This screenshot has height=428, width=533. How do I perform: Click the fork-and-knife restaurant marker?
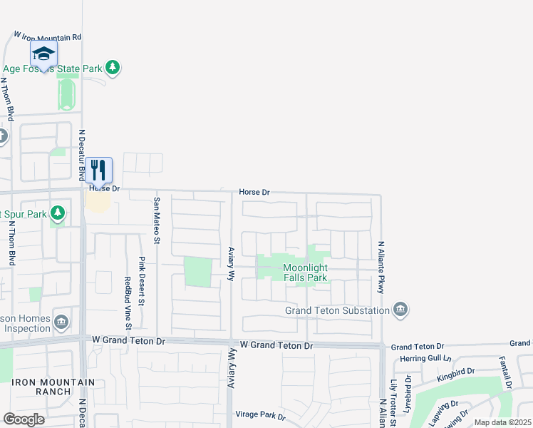[x=99, y=170]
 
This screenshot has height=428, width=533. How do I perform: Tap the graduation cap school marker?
[x=43, y=53]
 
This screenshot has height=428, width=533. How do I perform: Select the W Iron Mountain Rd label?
[x=48, y=36]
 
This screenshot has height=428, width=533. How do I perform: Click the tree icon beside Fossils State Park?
[x=112, y=68]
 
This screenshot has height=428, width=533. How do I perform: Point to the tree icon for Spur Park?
[x=58, y=213]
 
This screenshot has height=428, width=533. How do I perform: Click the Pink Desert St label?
[x=141, y=280]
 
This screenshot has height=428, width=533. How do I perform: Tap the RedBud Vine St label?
[x=128, y=303]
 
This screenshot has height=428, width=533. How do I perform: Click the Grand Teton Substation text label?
[x=337, y=310]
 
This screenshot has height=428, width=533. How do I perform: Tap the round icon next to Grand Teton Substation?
[x=400, y=309]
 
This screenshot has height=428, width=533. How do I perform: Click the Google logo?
[x=24, y=419]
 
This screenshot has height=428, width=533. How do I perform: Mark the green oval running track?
[x=67, y=94]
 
